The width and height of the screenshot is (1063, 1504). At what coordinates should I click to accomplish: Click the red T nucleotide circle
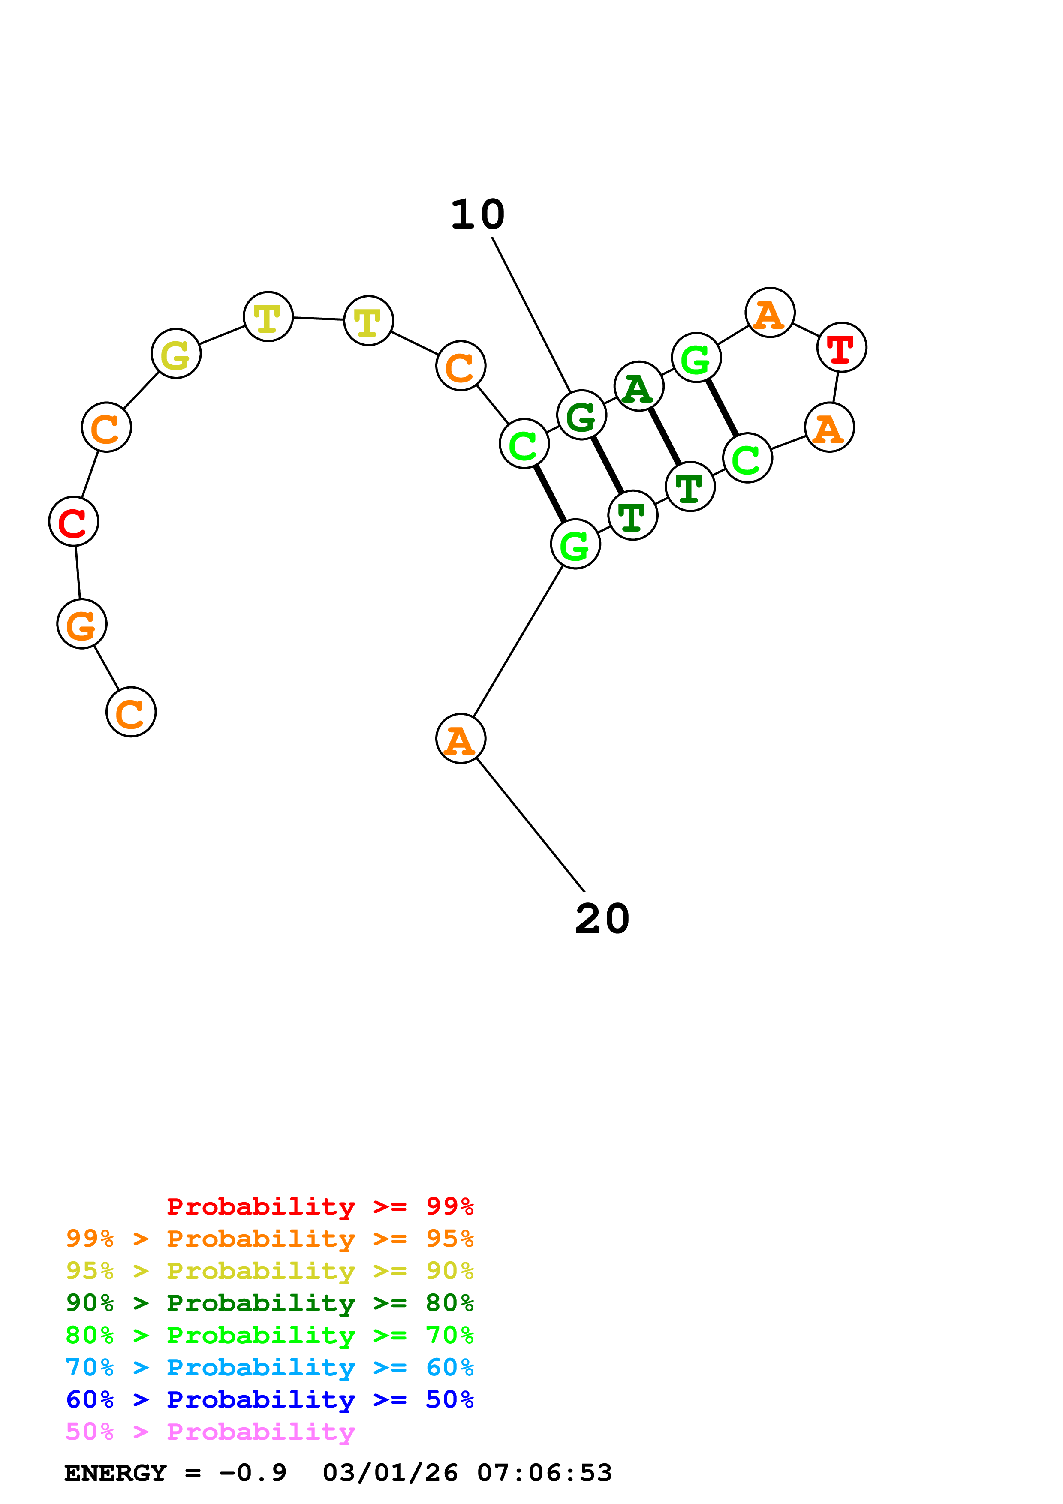842,347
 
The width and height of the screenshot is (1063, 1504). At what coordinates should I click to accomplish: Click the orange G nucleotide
82,624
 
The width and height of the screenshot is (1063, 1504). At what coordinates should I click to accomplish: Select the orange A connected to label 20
461,738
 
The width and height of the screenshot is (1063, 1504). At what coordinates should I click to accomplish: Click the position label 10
477,214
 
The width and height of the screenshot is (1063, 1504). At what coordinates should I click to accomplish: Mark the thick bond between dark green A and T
665,437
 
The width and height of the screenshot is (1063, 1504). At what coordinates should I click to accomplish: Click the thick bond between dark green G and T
607,465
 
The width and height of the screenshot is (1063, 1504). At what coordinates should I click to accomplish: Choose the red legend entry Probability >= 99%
320,1206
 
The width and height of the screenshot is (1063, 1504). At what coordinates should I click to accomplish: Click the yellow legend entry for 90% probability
270,1270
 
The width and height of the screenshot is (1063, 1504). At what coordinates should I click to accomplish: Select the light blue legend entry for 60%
270,1367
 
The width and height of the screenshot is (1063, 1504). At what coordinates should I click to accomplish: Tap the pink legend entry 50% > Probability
210,1431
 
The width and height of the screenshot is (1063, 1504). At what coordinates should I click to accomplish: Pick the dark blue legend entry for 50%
270,1399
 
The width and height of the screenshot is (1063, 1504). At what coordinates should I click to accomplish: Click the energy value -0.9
253,1473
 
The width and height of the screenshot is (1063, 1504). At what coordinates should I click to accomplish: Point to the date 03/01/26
390,1473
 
